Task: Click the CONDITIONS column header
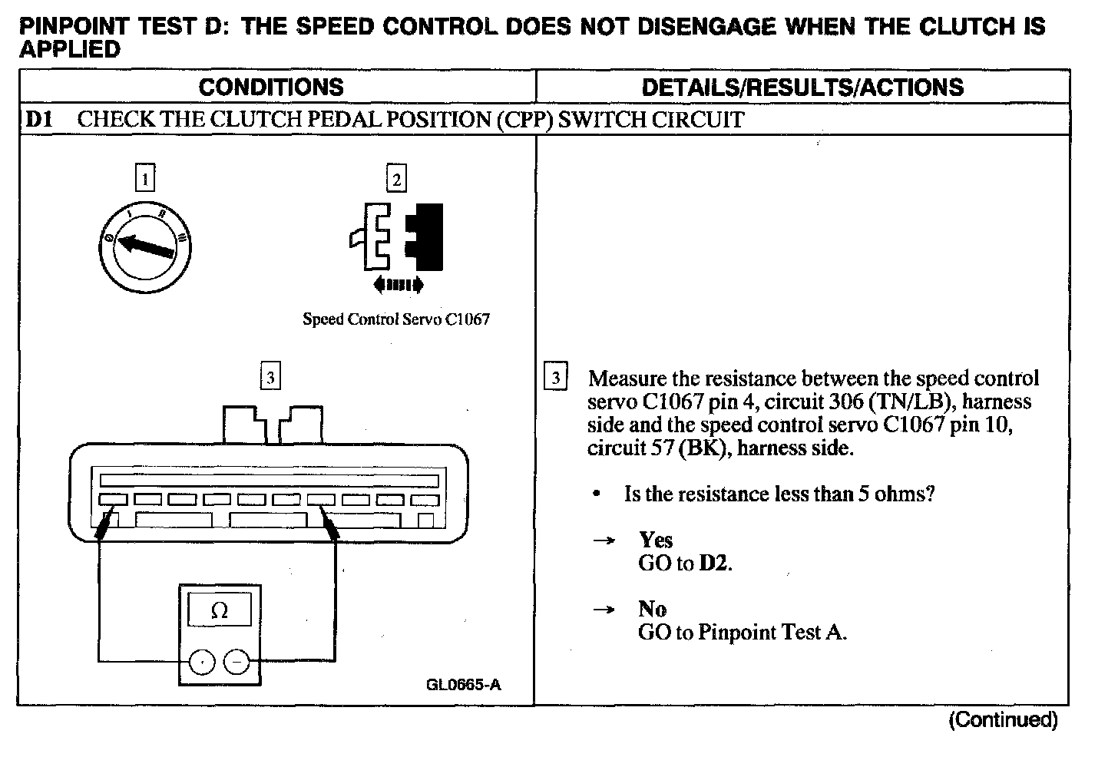coord(271,87)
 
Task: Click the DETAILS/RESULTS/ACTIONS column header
coord(802,87)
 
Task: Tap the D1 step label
coord(38,120)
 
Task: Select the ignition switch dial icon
coord(146,246)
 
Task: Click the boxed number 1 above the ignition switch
coord(144,179)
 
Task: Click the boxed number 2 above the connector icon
coord(396,179)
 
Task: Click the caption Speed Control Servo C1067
coord(395,319)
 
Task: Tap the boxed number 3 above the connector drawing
coord(270,378)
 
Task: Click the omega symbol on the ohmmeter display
coord(220,611)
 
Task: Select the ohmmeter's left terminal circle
coord(202,661)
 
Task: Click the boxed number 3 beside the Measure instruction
coord(555,378)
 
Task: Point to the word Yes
coord(656,540)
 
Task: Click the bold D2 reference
coord(713,564)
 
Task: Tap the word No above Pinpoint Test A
coord(653,609)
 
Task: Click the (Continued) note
coord(1004,720)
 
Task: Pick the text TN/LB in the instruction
coord(912,402)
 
